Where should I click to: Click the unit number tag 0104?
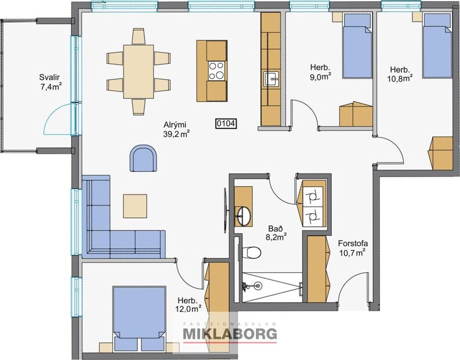[x=226, y=123]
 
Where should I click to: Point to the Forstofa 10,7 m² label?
[x=352, y=248]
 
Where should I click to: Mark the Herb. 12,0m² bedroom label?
[x=188, y=304]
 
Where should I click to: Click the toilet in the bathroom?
[x=252, y=251]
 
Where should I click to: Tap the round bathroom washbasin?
[x=242, y=214]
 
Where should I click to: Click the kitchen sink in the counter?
[x=271, y=78]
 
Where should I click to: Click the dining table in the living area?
[x=138, y=70]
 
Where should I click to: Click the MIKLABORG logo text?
[x=230, y=334]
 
